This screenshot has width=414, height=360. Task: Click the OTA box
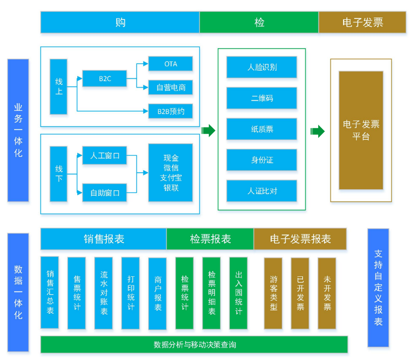pos(171,64)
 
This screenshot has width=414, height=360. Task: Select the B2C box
pos(104,78)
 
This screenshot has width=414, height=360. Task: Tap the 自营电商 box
pos(171,88)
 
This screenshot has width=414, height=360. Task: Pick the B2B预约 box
pos(171,111)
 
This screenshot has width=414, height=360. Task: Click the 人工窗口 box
pos(104,156)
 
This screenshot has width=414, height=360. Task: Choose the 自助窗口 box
pos(104,193)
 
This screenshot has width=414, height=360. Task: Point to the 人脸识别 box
pos(262,67)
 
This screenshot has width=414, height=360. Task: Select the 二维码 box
pos(262,98)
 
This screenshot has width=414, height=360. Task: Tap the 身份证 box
pos(262,160)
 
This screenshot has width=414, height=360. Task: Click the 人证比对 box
pos(262,191)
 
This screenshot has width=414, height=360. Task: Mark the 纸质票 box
pos(262,129)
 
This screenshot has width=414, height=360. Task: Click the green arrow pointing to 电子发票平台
pos(317,131)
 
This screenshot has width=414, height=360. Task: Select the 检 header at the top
pos(259,22)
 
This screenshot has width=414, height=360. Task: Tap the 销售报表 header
pos(103,239)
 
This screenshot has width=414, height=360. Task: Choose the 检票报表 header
pos(210,239)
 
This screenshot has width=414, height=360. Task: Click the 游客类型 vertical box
pos(273,293)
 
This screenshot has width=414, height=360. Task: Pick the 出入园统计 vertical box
pos(238,293)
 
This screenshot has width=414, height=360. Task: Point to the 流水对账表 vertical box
pos(103,293)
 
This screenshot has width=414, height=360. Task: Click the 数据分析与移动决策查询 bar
pos(194,344)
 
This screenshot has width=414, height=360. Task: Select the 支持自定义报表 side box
pos(379,288)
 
